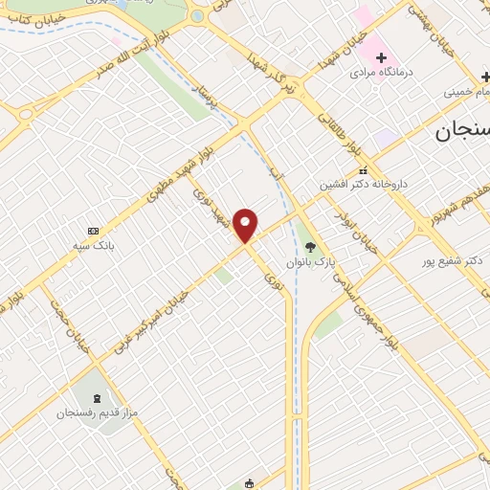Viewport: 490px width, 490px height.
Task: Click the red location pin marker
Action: pos(246,225)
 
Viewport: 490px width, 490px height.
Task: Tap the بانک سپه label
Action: pos(95,246)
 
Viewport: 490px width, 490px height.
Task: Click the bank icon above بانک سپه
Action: pos(93,231)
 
